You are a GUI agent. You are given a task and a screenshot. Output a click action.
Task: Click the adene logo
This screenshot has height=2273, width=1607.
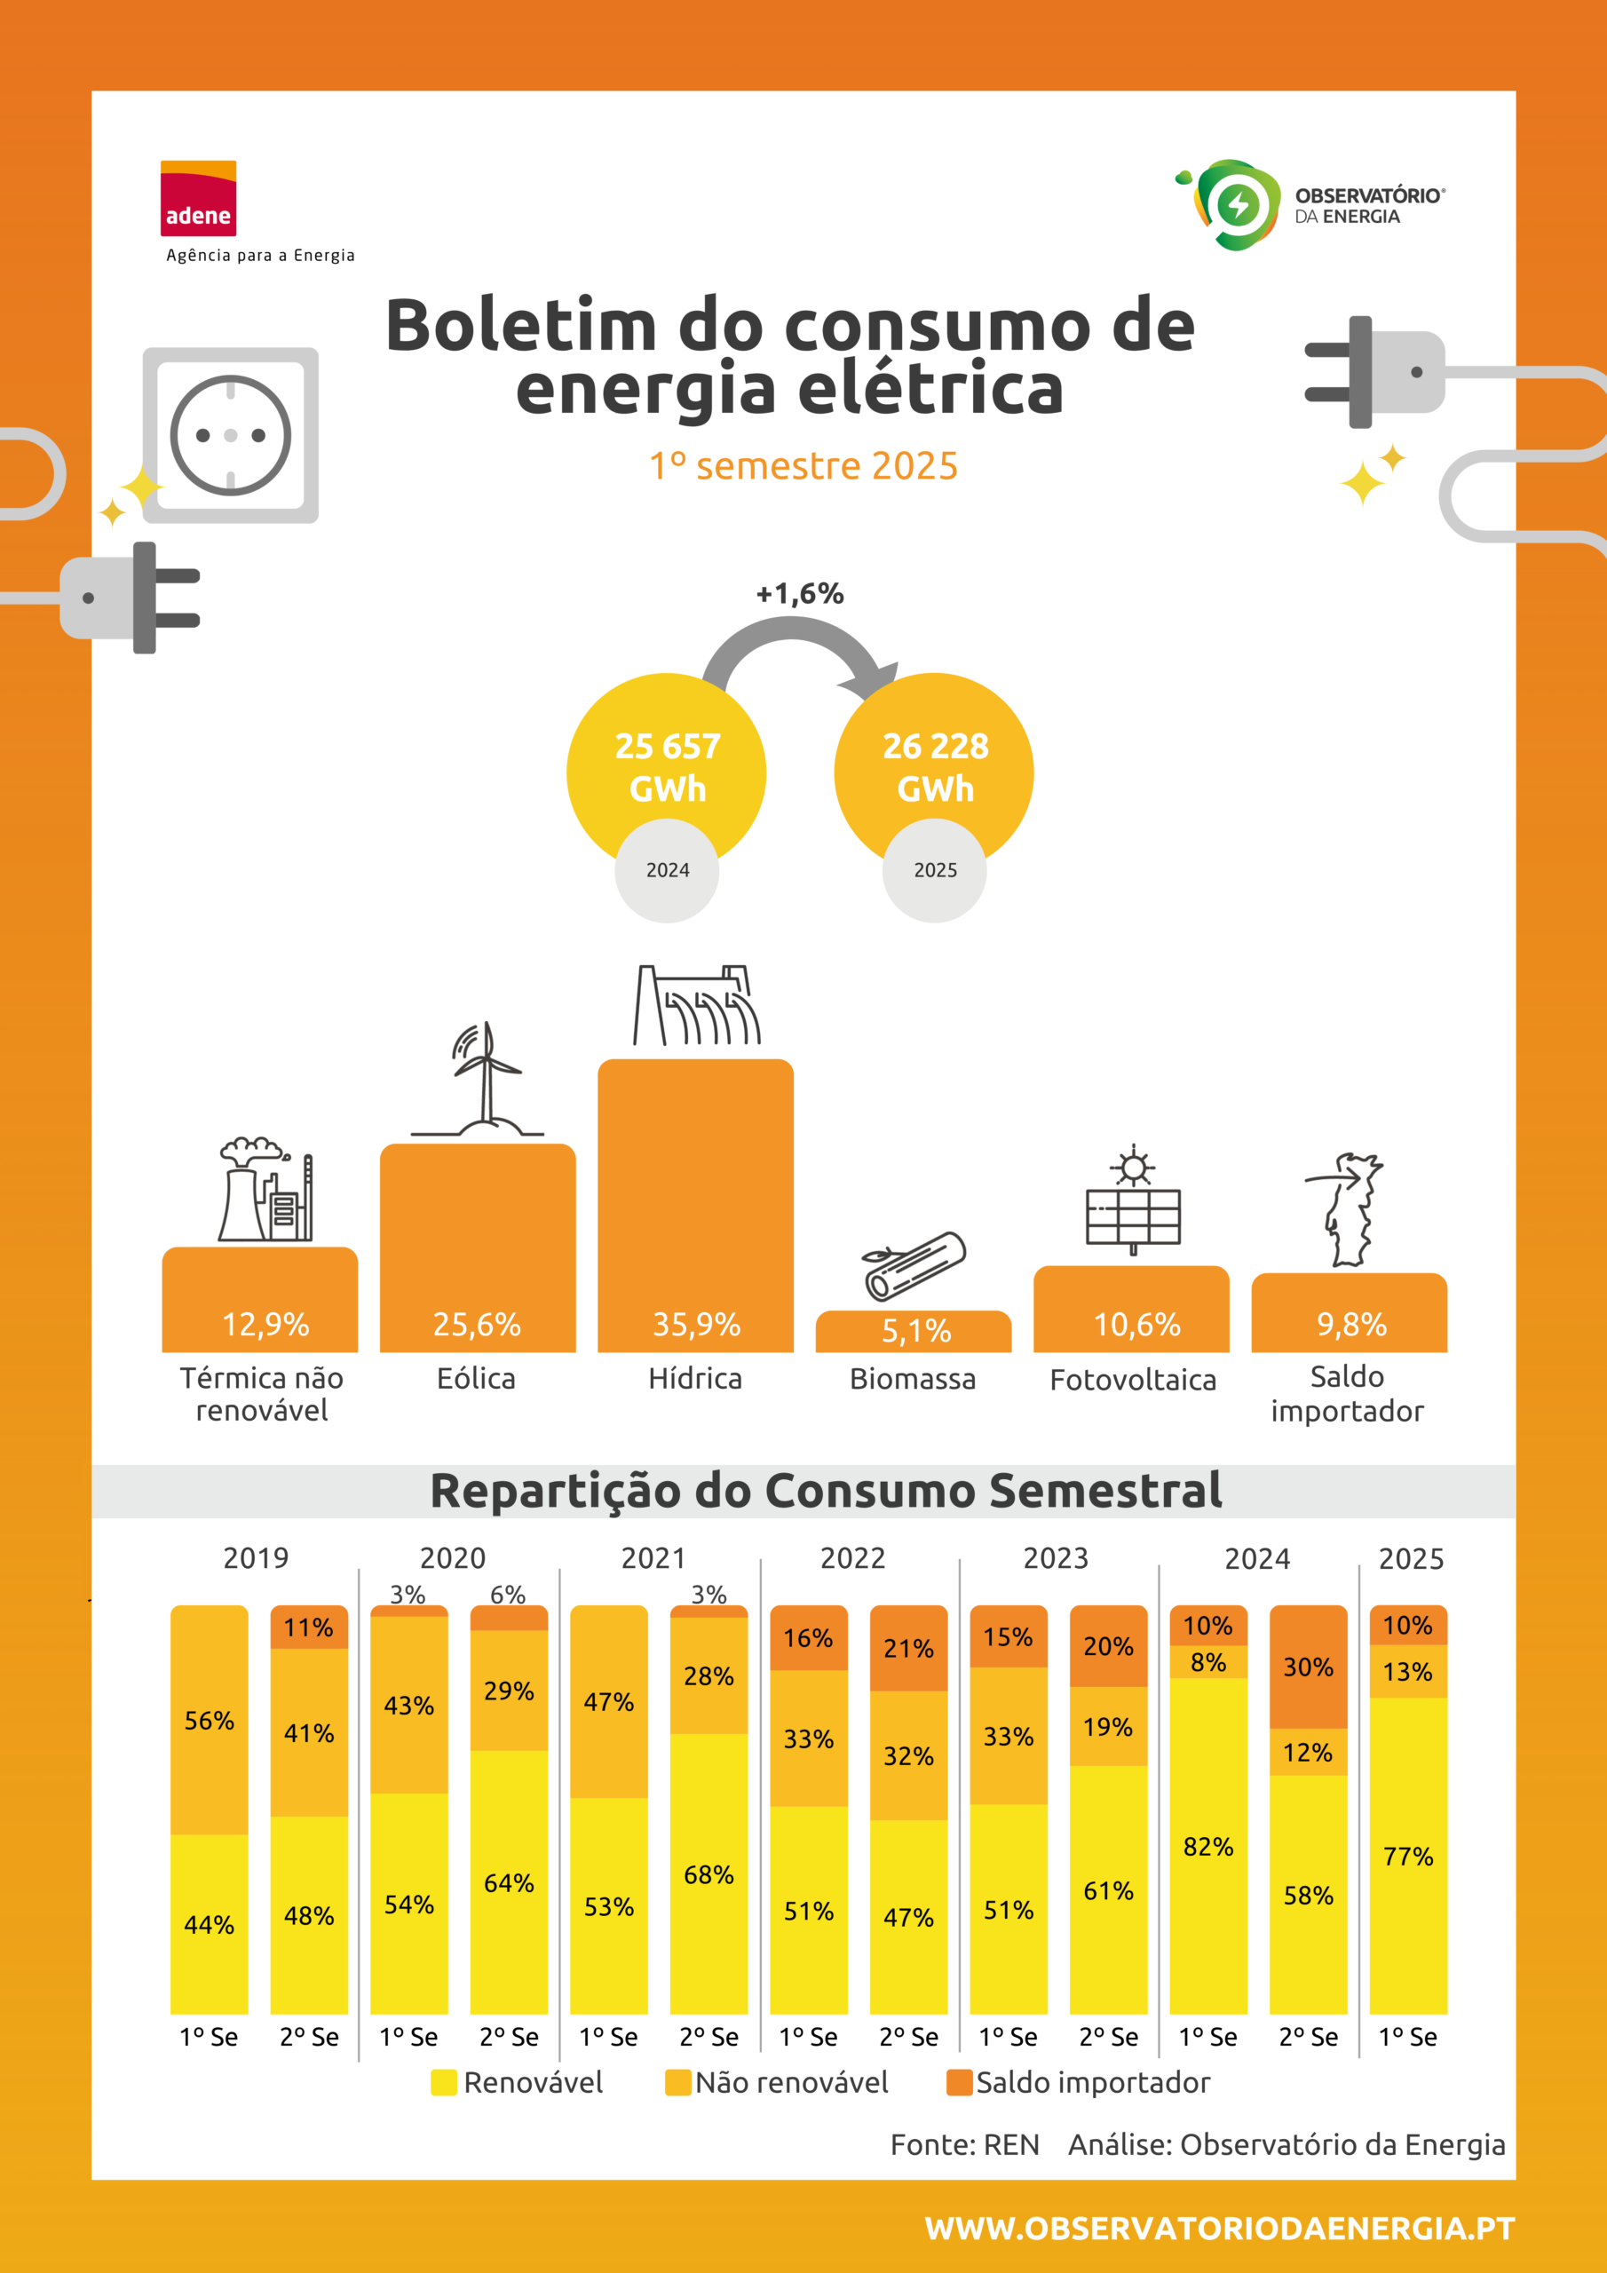coord(198,198)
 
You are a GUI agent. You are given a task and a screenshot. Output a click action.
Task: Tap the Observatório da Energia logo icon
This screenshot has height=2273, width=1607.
coord(1228,205)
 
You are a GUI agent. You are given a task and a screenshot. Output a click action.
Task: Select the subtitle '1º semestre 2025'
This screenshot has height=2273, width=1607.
coord(803,465)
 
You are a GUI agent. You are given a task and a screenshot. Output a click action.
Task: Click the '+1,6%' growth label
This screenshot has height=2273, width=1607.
coord(800,594)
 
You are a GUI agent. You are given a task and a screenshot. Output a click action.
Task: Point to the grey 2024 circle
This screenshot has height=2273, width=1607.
coord(668,870)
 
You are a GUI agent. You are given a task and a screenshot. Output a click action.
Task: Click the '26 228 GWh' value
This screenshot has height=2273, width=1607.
coord(935,767)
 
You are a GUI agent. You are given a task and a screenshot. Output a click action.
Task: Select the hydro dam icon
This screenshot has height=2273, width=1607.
coord(697,1005)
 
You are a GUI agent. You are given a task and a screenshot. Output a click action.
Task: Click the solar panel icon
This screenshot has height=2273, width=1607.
coord(1134,1200)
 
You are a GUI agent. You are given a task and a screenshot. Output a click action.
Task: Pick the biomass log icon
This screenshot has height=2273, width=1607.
coord(914,1265)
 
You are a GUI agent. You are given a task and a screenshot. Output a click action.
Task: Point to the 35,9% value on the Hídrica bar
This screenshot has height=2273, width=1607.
coord(696,1325)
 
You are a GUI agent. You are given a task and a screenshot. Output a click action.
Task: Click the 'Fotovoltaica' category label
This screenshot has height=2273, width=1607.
coord(1133,1380)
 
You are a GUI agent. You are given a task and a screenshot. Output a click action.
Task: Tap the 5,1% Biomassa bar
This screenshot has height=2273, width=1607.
coord(914,1331)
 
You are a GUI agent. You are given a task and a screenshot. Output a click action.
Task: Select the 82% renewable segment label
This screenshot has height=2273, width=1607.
coord(1208,1848)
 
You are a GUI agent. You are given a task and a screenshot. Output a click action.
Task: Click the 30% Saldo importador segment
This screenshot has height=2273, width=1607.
coord(1308,1667)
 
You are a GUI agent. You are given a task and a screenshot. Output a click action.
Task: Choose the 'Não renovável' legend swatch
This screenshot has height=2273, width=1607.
coord(677,2083)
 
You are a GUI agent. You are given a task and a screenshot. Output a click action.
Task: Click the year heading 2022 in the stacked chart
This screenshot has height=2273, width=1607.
coord(852,1558)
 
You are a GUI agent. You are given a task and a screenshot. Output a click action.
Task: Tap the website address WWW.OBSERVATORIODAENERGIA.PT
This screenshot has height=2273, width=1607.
coord(1220,2229)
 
